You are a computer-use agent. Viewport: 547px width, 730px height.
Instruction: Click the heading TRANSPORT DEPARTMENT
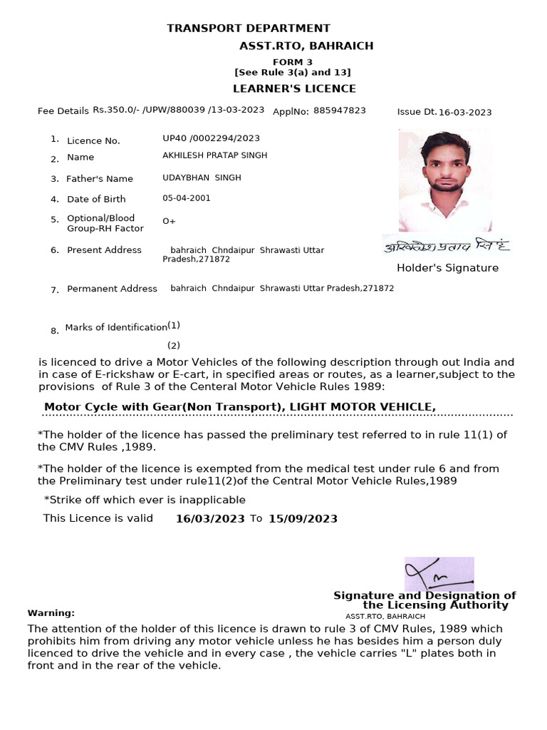248,29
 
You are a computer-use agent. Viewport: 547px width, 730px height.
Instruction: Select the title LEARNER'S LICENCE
294,88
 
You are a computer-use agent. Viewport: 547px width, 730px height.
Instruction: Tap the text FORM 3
293,62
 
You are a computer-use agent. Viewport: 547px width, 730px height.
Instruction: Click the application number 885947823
339,110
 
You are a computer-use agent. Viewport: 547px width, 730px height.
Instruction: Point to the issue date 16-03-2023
465,112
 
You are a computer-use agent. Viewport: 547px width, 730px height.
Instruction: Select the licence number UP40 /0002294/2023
211,138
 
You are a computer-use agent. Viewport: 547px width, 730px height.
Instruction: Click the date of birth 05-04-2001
187,198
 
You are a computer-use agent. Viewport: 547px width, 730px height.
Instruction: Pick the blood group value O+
169,221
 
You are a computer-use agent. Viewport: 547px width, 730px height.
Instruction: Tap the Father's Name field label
100,179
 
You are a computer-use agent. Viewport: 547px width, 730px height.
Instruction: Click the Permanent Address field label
112,289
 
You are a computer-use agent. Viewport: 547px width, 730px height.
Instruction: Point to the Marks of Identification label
116,327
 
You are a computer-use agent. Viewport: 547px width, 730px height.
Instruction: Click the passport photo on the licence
444,180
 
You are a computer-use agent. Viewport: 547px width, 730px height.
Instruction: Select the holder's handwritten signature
446,245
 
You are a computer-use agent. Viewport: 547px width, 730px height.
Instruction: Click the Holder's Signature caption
447,268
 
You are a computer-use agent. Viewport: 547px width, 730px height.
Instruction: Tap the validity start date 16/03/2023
210,519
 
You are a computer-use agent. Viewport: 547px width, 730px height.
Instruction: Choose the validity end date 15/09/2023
303,519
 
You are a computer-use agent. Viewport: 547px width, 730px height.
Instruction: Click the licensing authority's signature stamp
439,574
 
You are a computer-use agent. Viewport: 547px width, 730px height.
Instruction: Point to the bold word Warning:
51,613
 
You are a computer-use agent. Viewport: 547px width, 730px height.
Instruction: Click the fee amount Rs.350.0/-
117,110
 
